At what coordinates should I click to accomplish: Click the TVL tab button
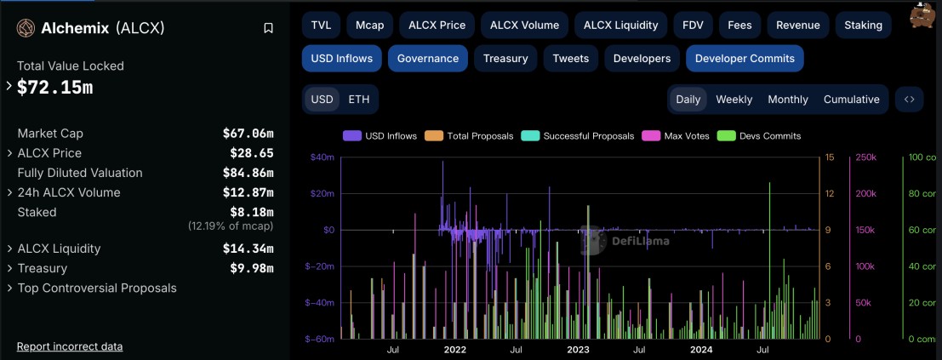(x=321, y=25)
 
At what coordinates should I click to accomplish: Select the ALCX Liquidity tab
(x=620, y=25)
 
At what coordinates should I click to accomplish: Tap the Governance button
(x=427, y=58)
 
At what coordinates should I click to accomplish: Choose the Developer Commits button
(x=745, y=58)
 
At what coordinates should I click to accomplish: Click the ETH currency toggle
(x=359, y=99)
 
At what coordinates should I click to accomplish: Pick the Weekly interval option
(x=734, y=99)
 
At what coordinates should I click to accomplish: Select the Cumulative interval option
(x=851, y=99)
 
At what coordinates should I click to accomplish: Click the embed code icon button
(x=909, y=99)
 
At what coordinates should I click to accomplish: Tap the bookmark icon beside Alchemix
(x=268, y=28)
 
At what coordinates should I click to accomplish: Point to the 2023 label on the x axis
(x=578, y=349)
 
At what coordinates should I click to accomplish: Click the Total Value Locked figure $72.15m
(x=55, y=87)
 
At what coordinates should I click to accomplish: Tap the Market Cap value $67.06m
(x=248, y=134)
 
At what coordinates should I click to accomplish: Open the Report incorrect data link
(x=70, y=346)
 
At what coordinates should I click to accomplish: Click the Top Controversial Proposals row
(x=97, y=288)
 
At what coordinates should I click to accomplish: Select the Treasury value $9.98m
(x=251, y=268)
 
